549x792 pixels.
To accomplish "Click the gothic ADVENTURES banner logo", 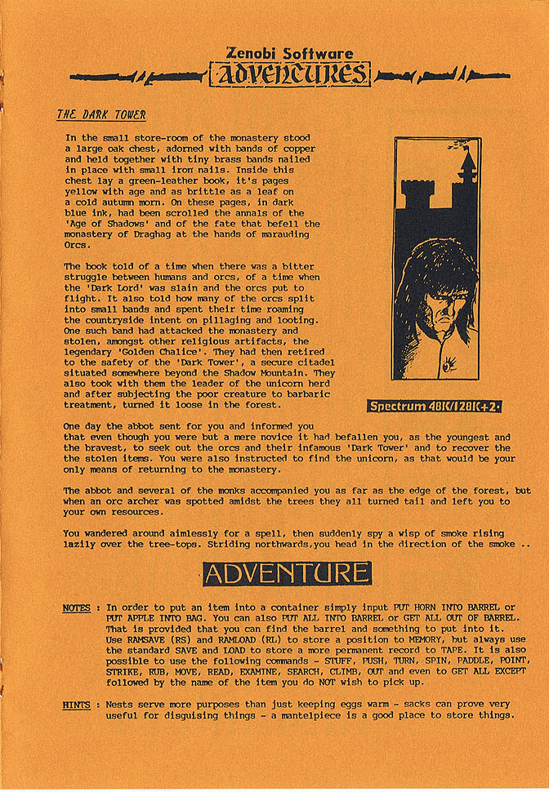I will pos(290,75).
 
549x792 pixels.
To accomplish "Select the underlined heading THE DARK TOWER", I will pos(101,114).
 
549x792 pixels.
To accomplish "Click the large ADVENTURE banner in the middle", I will pos(287,573).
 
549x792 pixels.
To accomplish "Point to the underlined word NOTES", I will pos(77,608).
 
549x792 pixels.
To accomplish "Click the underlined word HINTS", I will pos(77,705).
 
